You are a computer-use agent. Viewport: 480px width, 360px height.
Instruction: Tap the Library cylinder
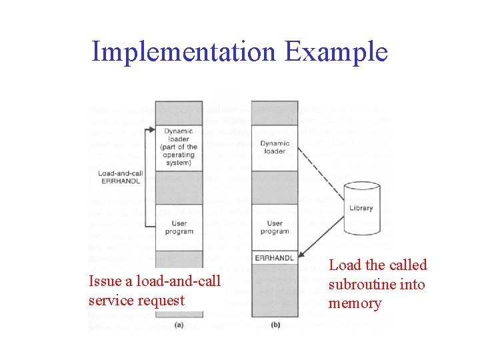point(361,208)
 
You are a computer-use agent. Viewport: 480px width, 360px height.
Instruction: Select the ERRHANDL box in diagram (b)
point(275,257)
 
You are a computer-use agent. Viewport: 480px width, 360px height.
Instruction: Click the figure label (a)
point(179,325)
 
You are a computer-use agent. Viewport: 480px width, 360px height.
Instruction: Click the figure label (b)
point(275,325)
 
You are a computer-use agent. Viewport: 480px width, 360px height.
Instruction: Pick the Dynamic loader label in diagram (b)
point(275,147)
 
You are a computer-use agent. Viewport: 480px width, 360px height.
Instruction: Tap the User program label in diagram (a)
point(179,227)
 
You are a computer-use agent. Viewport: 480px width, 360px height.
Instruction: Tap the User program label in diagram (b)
point(275,227)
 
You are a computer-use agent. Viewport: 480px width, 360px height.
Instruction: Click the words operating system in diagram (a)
point(179,159)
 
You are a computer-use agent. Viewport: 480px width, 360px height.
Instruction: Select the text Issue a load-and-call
point(154,281)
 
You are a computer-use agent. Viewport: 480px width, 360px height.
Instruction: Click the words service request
point(136,300)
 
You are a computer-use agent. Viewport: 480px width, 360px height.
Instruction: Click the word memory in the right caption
point(355,304)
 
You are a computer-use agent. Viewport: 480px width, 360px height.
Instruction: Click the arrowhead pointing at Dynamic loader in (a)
point(152,130)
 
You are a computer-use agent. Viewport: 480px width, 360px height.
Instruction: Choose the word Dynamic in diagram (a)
point(179,131)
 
